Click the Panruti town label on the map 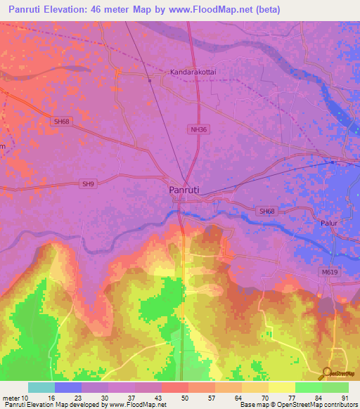186,190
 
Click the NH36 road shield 198,129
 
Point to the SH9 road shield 87,184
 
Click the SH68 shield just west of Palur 266,211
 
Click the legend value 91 345,398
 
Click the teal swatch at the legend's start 41,387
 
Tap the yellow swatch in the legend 281,387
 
